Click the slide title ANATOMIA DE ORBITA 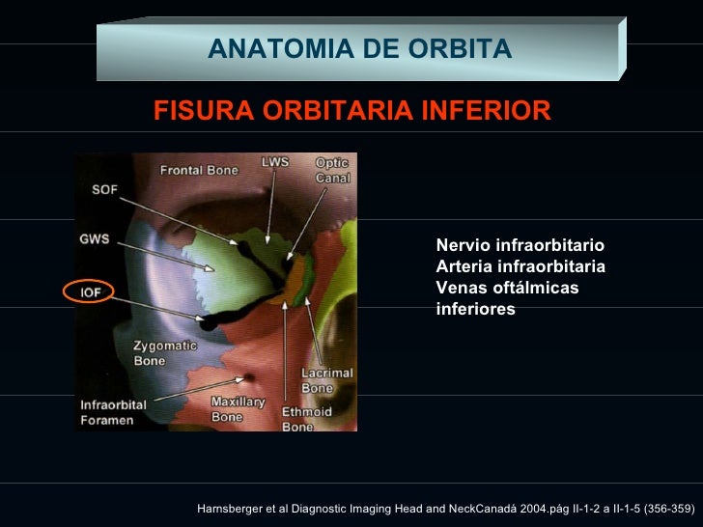pos(359,48)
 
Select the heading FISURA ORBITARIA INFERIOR pos(352,111)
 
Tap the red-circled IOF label pos(89,291)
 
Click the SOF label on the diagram pos(105,189)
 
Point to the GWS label pos(95,237)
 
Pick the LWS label pos(275,163)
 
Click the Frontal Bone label pos(199,171)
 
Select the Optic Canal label pos(333,171)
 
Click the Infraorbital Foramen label pos(113,412)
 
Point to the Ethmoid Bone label pos(306,419)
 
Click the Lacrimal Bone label pos(326,380)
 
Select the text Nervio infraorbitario pos(520,246)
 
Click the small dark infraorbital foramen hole pos(249,376)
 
